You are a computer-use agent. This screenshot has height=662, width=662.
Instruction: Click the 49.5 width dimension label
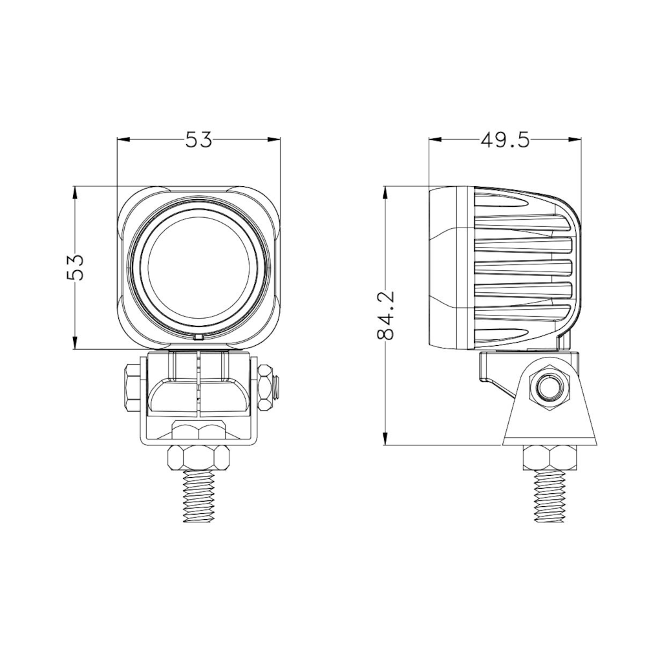click(504, 140)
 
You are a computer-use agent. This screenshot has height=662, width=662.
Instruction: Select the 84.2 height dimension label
click(385, 315)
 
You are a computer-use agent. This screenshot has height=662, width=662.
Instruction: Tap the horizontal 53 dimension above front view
click(198, 140)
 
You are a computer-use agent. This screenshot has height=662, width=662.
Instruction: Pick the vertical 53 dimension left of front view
click(75, 267)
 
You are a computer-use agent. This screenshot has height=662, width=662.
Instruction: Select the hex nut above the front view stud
click(199, 458)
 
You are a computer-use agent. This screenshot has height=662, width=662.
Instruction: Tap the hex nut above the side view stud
click(550, 458)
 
